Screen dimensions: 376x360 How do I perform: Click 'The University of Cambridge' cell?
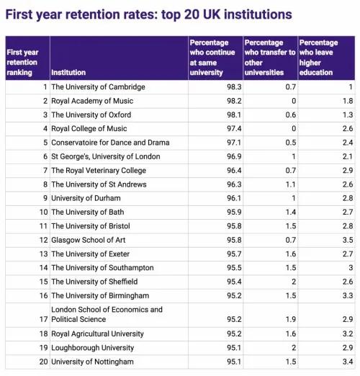98,87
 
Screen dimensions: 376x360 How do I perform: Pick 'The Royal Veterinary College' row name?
99,171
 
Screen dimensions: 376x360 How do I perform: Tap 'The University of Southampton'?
102,268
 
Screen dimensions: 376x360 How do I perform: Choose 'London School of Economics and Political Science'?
107,314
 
